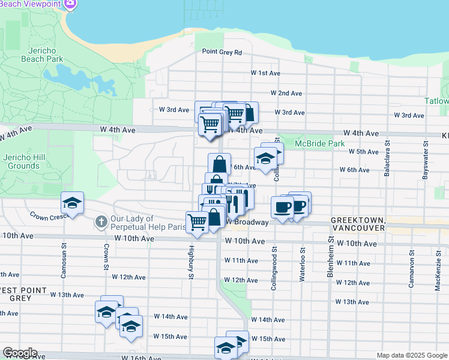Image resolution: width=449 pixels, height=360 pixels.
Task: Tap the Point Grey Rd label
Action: click(221, 53)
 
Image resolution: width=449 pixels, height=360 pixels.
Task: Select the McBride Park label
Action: click(320, 144)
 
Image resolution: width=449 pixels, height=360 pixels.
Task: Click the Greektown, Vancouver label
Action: click(357, 225)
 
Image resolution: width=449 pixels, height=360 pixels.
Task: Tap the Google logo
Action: click(19, 353)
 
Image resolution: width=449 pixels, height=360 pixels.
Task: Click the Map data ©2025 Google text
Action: click(411, 355)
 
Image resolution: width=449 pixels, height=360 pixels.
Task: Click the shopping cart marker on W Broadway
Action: click(197, 222)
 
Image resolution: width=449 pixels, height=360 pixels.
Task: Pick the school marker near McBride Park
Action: click(265, 158)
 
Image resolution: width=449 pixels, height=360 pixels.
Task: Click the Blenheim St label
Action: click(331, 260)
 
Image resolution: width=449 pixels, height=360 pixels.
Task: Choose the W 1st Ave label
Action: click(265, 73)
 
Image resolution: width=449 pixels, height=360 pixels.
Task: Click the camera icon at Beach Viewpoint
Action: click(71, 4)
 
